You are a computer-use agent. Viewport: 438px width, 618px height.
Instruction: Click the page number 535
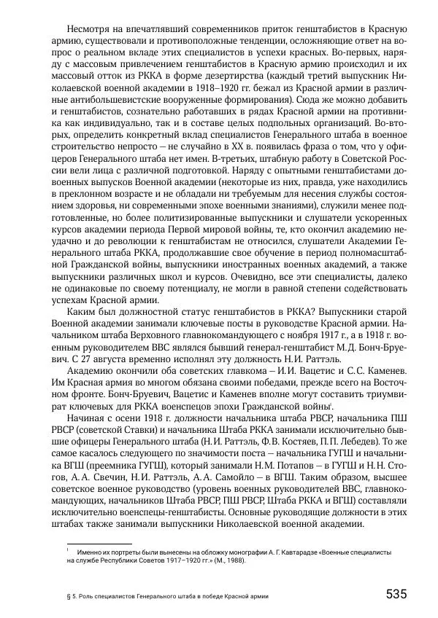click(x=396, y=593)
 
